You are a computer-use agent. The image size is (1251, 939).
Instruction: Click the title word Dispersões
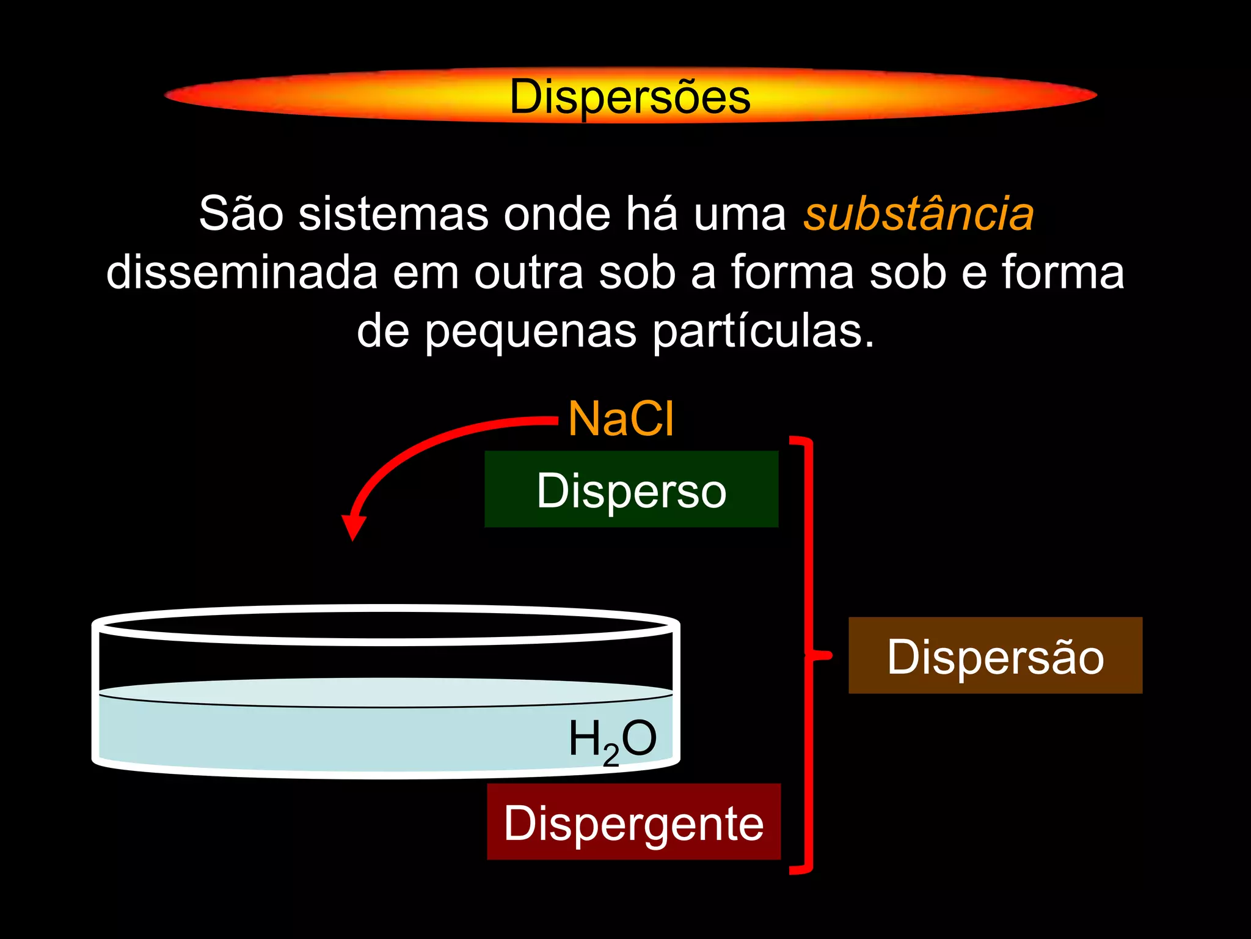pyautogui.click(x=630, y=97)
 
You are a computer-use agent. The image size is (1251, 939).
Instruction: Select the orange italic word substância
pyautogui.click(x=918, y=214)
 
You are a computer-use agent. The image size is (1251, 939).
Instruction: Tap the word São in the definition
pyautogui.click(x=241, y=214)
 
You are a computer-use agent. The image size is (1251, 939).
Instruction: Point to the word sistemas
pyautogui.click(x=393, y=214)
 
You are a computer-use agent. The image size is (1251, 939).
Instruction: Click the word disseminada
pyautogui.click(x=242, y=273)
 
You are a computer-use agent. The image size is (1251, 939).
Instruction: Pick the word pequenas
pyautogui.click(x=530, y=331)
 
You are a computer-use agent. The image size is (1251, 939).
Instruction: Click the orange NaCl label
pyautogui.click(x=621, y=419)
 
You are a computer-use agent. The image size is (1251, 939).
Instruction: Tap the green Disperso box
pyautogui.click(x=631, y=489)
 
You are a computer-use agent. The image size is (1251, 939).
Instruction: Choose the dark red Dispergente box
pyautogui.click(x=633, y=822)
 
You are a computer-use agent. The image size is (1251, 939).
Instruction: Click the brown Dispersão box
pyautogui.click(x=995, y=655)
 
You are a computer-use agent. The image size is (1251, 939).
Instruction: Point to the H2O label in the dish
pyautogui.click(x=612, y=740)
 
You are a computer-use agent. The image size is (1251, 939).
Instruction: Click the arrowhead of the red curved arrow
pyautogui.click(x=353, y=527)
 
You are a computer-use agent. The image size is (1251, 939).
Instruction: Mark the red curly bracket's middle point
pyautogui.click(x=822, y=655)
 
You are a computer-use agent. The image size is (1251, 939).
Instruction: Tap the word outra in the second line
pyautogui.click(x=529, y=273)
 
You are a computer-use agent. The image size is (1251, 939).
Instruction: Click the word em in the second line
pyautogui.click(x=425, y=273)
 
